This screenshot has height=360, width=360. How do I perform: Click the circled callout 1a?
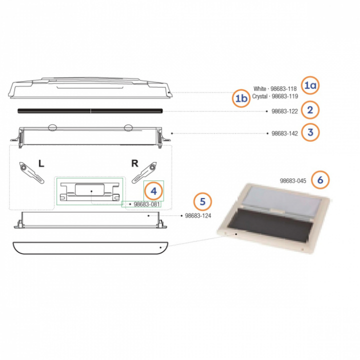310,85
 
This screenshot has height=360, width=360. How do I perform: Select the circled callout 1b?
241,98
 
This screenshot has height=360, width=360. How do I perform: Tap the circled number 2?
310,110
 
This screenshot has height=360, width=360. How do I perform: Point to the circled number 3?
310,132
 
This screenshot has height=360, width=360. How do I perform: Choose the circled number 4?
153,191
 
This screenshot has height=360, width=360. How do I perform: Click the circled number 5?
202,201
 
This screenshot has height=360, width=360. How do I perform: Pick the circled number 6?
320,180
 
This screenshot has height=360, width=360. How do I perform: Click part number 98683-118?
283,89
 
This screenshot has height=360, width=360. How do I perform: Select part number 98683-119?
284,96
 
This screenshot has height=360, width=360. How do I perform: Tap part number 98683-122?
284,111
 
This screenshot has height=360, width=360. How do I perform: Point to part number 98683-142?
284,133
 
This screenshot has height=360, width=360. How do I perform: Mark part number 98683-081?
146,204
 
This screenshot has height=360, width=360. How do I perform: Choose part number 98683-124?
198,216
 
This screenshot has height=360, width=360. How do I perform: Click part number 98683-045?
293,181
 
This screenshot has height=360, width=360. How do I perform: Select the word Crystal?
259,96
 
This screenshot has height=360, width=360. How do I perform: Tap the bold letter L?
41,163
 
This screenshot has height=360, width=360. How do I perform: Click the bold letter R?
135,163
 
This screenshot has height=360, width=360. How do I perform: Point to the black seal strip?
90,111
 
